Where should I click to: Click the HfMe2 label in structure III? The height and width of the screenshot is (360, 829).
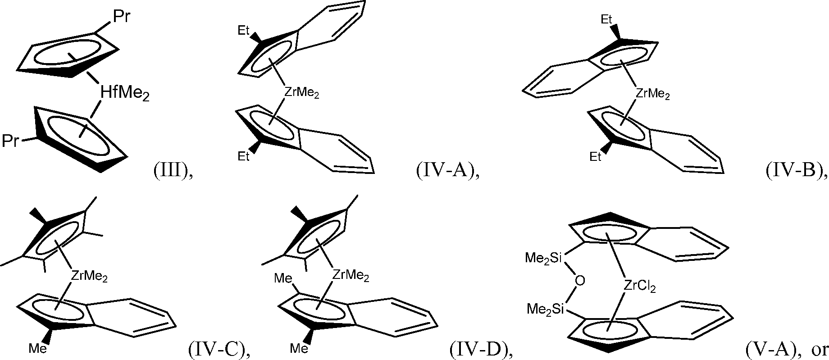124,94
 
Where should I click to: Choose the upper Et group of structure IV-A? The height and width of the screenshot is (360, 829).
244,32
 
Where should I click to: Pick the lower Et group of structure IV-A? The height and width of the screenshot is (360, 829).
244,156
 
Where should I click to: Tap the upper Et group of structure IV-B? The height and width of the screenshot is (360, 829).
607,19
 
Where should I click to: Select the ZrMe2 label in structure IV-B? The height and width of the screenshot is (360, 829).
652,94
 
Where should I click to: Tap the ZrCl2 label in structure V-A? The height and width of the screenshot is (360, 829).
640,286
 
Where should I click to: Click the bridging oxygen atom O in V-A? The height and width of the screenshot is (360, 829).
580,281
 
